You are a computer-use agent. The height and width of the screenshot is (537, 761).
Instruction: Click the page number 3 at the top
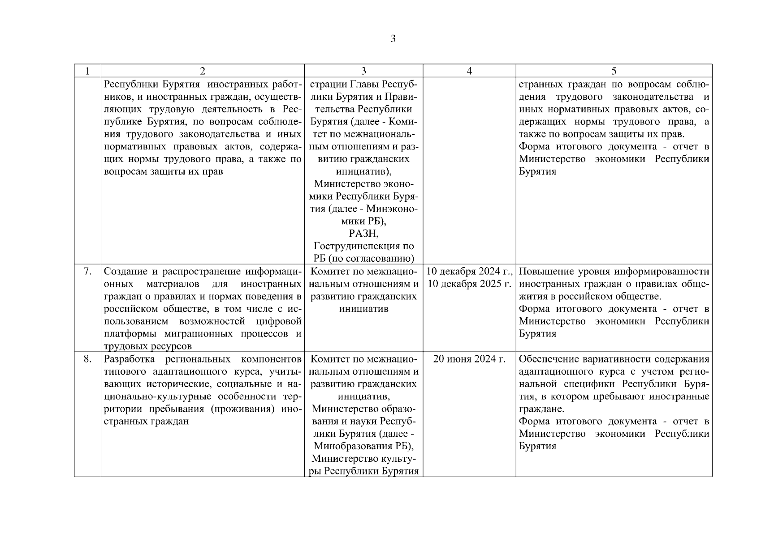[393, 39]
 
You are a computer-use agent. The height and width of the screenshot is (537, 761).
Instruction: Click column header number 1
[87, 71]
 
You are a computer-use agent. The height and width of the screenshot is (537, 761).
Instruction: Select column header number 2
[203, 71]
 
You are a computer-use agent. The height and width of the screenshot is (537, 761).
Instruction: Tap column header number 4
[469, 71]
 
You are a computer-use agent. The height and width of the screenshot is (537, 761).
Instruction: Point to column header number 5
[614, 71]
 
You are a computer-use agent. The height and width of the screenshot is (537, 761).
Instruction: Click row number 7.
[87, 272]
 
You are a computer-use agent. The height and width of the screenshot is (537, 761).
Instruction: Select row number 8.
[87, 359]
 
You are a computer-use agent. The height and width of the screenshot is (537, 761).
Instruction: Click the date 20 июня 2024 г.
[469, 359]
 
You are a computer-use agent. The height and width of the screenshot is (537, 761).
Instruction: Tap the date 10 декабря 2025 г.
[469, 284]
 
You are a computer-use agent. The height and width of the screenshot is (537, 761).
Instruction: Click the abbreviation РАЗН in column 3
[363, 234]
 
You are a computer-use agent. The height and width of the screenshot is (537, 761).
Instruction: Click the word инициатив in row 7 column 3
[363, 309]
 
